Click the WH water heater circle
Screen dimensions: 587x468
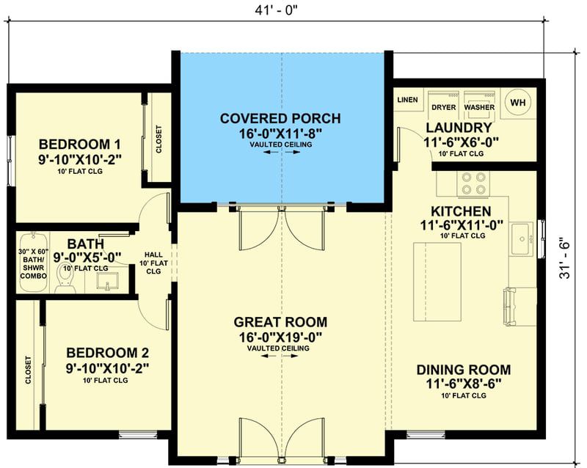pyautogui.click(x=518, y=102)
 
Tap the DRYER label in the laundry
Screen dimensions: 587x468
pyautogui.click(x=444, y=107)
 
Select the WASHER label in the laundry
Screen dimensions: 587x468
pyautogui.click(x=479, y=107)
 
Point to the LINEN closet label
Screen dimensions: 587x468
pyautogui.click(x=407, y=100)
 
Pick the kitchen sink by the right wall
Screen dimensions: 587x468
pyautogui.click(x=522, y=239)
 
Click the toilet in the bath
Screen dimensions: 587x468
pyautogui.click(x=65, y=278)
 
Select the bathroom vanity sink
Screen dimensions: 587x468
pyautogui.click(x=107, y=281)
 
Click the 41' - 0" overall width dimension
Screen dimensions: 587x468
pyautogui.click(x=277, y=10)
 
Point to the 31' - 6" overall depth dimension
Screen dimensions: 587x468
pyautogui.click(x=564, y=258)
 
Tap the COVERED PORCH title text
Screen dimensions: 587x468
pyautogui.click(x=280, y=118)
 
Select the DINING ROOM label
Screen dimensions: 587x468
pyautogui.click(x=464, y=370)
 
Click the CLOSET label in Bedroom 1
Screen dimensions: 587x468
pyautogui.click(x=159, y=139)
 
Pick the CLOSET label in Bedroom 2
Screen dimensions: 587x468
pyautogui.click(x=29, y=370)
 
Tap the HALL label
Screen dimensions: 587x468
pyautogui.click(x=153, y=255)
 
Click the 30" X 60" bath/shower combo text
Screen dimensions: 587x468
pyautogui.click(x=33, y=264)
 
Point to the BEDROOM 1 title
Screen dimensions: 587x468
pyautogui.click(x=80, y=145)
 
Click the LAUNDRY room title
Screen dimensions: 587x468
pyautogui.click(x=459, y=128)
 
